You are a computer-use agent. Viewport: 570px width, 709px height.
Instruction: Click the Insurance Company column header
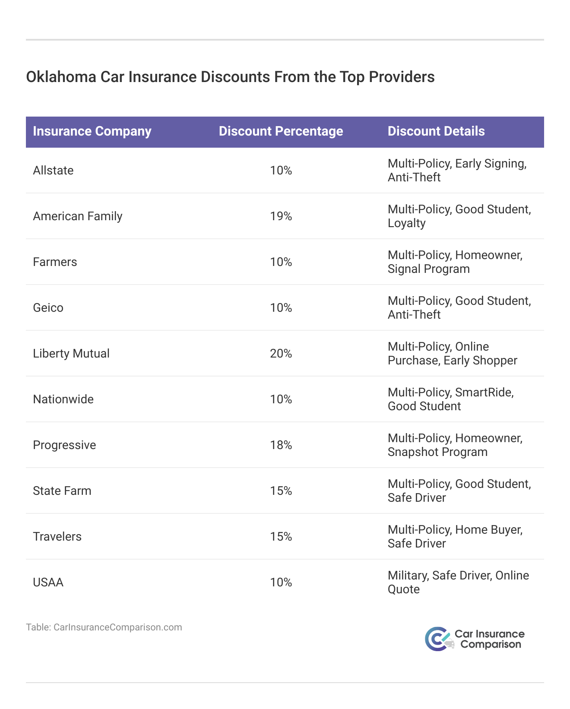92,131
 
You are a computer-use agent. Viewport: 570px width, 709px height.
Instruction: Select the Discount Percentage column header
281,131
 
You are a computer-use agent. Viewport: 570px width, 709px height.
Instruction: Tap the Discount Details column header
436,131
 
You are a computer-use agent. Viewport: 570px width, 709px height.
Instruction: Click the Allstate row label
53,171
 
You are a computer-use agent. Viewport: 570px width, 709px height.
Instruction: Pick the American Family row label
78,216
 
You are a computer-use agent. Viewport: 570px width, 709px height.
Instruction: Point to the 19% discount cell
281,216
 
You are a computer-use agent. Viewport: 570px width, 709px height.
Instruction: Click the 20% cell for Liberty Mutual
281,354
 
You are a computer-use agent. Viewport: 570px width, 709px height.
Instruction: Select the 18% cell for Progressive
281,445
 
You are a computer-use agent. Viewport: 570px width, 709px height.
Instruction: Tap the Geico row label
48,308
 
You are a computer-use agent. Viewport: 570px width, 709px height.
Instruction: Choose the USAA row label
48,582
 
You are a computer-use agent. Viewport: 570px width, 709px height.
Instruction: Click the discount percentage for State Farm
281,491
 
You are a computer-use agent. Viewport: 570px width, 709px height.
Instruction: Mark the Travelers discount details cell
455,536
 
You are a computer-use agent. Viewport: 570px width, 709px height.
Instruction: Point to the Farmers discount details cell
455,262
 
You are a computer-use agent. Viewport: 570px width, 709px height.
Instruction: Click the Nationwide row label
63,399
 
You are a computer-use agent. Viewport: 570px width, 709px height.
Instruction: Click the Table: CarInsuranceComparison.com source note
104,627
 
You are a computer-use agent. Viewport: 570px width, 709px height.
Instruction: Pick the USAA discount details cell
458,582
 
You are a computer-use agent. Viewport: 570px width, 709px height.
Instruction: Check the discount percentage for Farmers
281,262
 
